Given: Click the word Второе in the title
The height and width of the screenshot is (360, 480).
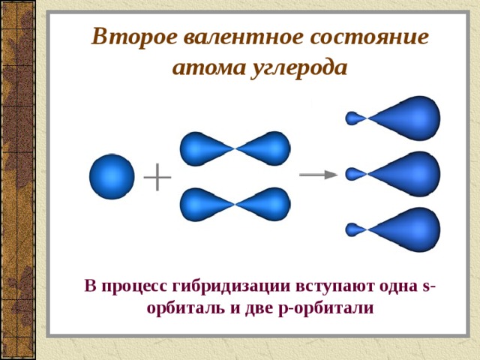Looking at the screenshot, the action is pos(134,37).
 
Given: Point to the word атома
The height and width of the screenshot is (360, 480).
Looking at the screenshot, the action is pos(209,67).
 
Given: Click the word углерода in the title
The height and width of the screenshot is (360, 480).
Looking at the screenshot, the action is pos(300,68).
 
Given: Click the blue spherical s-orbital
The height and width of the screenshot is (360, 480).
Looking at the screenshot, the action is pos(112,177).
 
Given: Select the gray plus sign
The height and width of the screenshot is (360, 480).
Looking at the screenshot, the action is pos(157,177).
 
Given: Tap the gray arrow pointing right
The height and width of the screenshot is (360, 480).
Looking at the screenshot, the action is pos(318,175).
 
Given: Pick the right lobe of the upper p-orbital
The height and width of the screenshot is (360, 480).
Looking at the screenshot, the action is pos(264,148).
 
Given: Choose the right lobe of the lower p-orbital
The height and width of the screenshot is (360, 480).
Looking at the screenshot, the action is pos(264,205).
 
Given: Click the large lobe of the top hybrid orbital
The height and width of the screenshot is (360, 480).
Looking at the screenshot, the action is pos(407,118).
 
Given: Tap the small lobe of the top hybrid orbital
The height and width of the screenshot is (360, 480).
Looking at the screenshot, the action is pos(355,118).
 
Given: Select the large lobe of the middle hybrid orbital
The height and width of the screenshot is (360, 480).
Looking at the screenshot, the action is pos(407,174).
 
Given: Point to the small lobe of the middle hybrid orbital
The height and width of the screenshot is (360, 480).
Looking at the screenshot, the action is pos(355,174).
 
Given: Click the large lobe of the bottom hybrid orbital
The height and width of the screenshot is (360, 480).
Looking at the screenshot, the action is pos(407,229).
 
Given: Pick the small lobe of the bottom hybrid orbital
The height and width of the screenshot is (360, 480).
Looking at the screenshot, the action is pos(355,229).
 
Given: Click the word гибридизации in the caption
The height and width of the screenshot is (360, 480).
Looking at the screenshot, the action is pos(232,286).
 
